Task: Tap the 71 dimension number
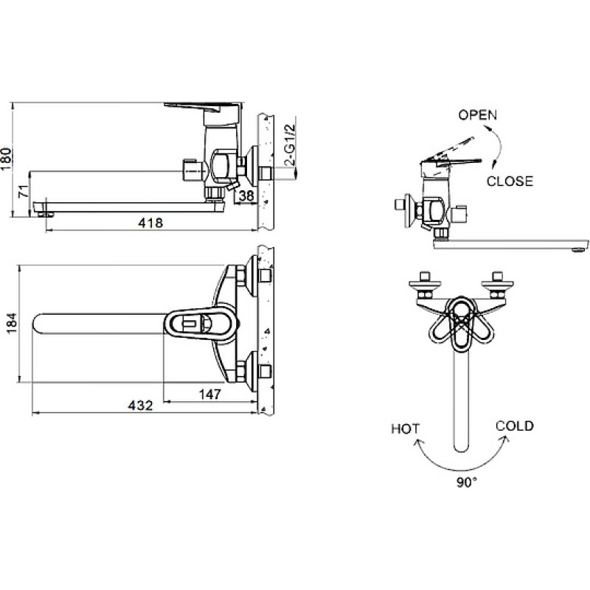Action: click(x=24, y=192)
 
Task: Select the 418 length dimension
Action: click(x=150, y=223)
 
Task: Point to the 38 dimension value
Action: click(x=246, y=196)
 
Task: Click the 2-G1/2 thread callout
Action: click(x=291, y=145)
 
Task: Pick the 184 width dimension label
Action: click(x=13, y=323)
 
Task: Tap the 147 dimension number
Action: click(x=210, y=395)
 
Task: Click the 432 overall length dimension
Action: click(x=141, y=405)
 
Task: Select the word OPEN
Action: click(x=477, y=115)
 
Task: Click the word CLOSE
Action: click(x=510, y=181)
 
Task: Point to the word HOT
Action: click(x=405, y=429)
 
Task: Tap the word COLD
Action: click(x=514, y=426)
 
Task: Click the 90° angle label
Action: click(x=467, y=482)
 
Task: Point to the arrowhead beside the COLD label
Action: click(x=505, y=440)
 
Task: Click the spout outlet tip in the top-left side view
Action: click(x=46, y=215)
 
